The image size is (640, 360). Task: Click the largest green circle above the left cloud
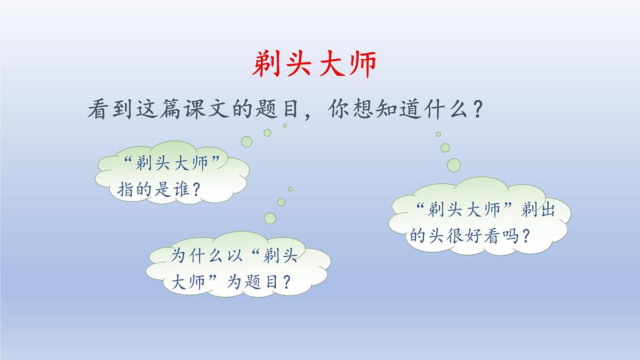[x=246, y=141]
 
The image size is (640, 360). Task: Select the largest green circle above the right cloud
[x=453, y=165]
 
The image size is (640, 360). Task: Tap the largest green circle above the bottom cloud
[x=270, y=218]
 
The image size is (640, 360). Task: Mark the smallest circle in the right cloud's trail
[x=438, y=134]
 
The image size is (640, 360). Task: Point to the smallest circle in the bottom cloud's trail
[x=290, y=189]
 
